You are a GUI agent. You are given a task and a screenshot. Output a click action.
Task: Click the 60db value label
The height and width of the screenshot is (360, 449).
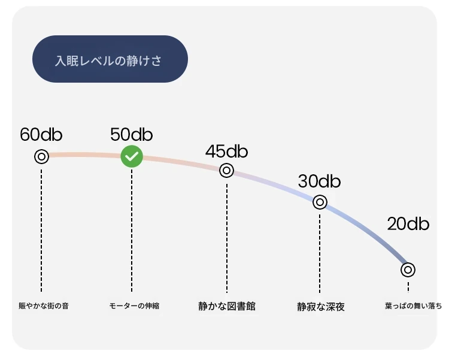tap(41, 134)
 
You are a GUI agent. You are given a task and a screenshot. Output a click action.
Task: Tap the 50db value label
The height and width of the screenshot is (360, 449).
tap(132, 134)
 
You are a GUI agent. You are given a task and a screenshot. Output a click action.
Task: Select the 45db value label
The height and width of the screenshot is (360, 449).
tap(226, 151)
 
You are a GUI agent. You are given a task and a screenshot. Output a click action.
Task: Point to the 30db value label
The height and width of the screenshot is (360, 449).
tap(319, 181)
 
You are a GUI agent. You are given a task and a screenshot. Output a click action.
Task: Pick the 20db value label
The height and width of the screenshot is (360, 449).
tap(408, 223)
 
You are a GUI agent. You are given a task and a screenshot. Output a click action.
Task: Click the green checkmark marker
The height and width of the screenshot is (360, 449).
tap(132, 156)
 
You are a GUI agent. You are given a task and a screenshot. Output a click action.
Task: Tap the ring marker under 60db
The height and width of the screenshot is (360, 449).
tap(41, 157)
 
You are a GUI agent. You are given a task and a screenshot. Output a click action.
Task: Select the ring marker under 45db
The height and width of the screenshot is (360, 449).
tap(226, 171)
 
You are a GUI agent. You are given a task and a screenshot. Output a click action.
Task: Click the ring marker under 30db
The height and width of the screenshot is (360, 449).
tap(320, 202)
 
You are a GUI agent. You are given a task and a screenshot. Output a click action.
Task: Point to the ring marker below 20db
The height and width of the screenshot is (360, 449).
tap(408, 270)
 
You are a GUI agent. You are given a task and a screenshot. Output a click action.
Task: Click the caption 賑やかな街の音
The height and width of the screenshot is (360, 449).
tap(44, 306)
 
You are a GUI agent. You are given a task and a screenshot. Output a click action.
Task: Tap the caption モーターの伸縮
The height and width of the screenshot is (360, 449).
tap(134, 306)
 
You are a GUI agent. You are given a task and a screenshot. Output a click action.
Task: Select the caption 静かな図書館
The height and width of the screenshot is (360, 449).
tap(227, 306)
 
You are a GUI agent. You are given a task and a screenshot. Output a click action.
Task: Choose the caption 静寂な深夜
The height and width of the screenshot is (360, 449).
tap(321, 307)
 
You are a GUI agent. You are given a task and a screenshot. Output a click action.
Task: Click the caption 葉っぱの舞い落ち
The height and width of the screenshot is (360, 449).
tap(414, 306)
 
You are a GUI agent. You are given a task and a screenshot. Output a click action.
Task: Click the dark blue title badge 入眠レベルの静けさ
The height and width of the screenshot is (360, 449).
tap(110, 59)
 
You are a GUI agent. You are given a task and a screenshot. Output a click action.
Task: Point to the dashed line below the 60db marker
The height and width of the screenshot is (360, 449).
tap(41, 231)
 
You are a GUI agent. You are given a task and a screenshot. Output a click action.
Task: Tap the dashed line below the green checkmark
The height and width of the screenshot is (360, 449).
tap(132, 231)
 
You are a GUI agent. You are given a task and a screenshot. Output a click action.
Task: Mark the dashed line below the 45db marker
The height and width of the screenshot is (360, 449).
tap(227, 238)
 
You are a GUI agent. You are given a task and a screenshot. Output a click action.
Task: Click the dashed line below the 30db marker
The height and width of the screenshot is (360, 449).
tap(320, 253)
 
